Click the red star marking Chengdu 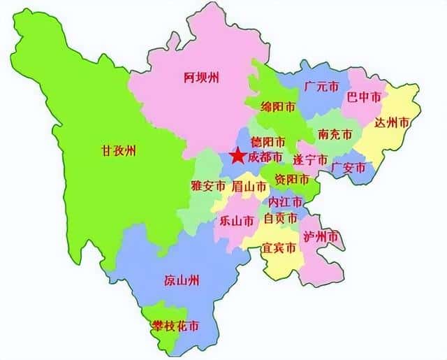point(237,157)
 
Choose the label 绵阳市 point(278,107)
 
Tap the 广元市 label point(322,87)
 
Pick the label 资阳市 point(292,180)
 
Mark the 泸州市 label point(322,236)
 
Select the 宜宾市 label point(279,248)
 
